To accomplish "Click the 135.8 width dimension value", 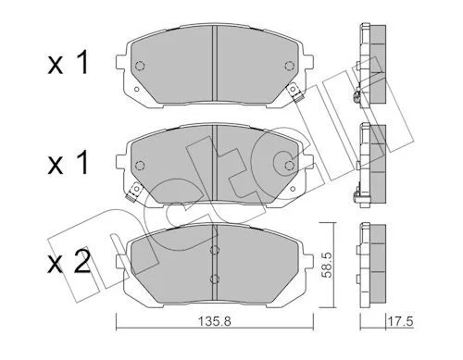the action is coord(215,322).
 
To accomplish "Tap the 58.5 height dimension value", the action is coord(327,265).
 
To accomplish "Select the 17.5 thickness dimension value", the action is coord(400,322).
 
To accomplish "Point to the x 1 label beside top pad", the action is coord(68,62).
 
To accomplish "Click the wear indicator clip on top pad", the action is coord(294,93).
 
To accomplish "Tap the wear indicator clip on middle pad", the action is coord(133,191).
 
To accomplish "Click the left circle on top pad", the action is coord(140,66).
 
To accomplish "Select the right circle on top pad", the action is coord(289,66).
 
